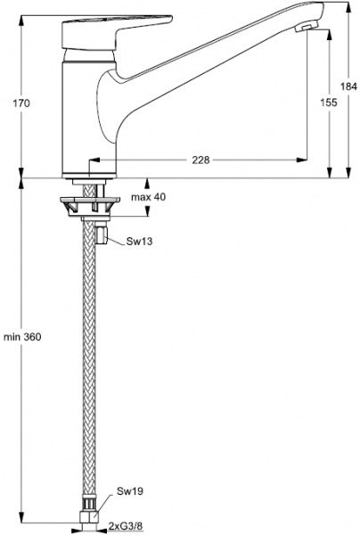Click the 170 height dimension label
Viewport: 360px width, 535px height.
coord(21,103)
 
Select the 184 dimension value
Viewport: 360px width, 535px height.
coord(348,86)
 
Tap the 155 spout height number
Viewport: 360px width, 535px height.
coord(329,102)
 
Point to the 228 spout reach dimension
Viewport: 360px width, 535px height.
coord(200,160)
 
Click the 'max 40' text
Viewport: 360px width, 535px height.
coord(149,197)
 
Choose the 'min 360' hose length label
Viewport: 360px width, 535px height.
coord(22,337)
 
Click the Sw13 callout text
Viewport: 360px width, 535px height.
coord(139,242)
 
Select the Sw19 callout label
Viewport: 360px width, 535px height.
coord(130,491)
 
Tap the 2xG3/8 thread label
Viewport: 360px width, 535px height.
coord(126,526)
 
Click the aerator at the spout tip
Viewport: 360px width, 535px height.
coord(306,28)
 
